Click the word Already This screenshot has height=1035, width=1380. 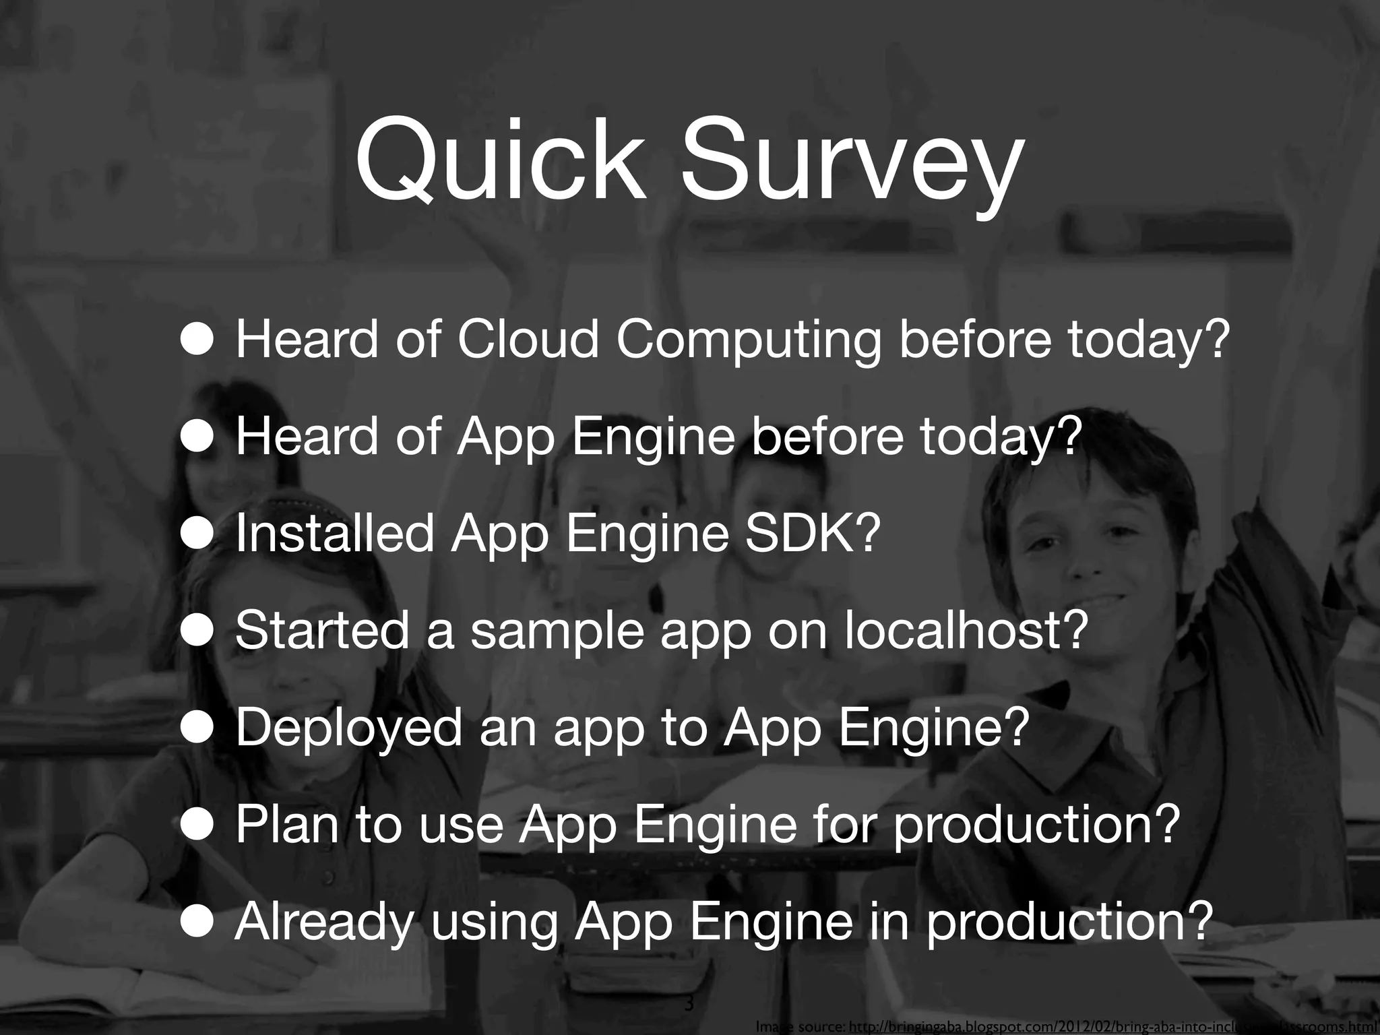(x=323, y=923)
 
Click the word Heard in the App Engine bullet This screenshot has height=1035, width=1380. (x=307, y=437)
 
